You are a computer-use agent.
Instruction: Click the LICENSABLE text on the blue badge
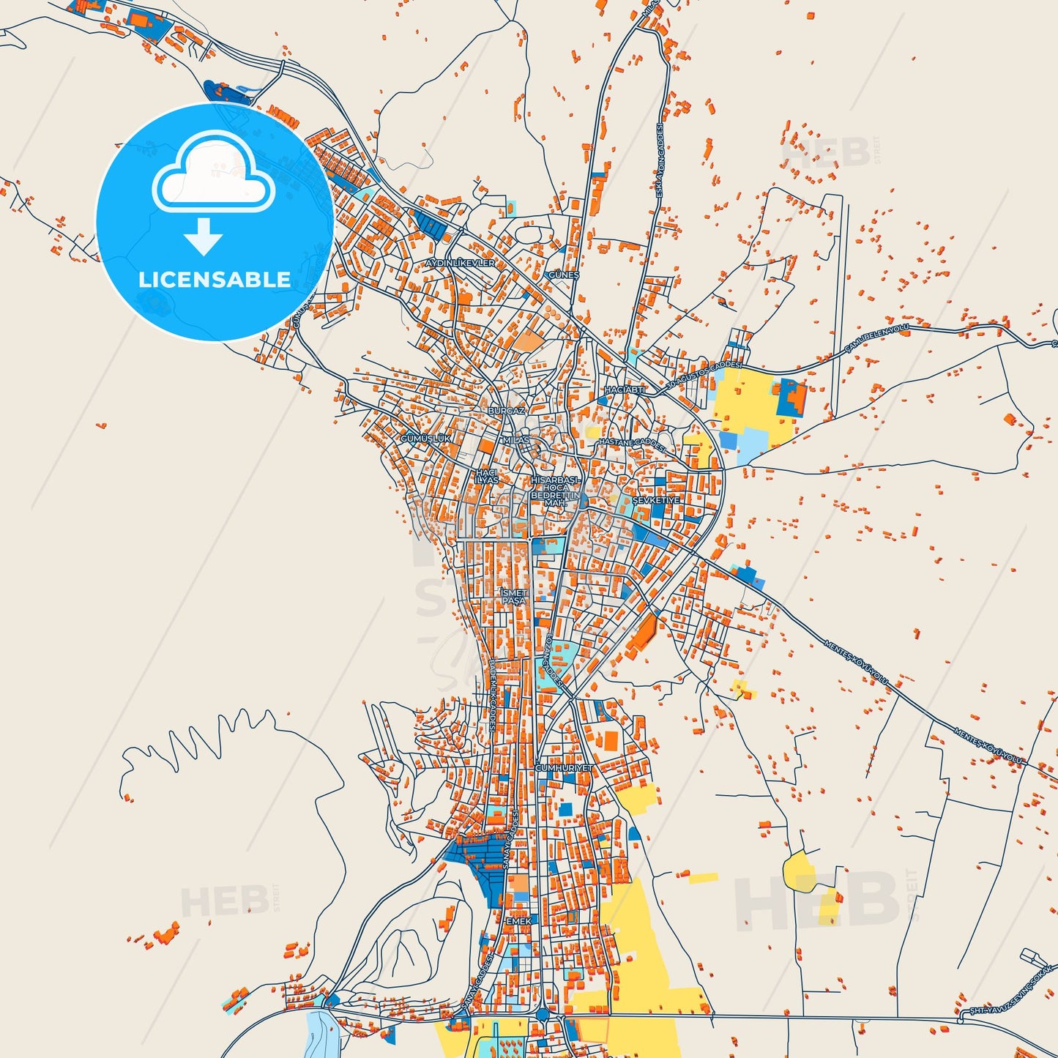(215, 280)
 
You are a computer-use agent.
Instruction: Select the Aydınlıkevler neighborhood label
(461, 263)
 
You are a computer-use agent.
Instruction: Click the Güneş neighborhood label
(564, 275)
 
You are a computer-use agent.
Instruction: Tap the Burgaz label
(506, 411)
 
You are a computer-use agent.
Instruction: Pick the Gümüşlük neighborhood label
(426, 438)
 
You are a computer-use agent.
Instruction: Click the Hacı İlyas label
(487, 476)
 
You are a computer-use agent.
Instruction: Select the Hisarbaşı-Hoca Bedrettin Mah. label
(556, 491)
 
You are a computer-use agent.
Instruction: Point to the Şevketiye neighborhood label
(656, 500)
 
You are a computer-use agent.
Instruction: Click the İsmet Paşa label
(514, 596)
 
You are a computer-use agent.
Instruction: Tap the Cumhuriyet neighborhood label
(564, 768)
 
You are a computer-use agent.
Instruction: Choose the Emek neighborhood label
(518, 920)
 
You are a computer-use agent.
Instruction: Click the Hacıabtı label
(625, 390)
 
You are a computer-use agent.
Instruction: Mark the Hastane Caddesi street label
(632, 444)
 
